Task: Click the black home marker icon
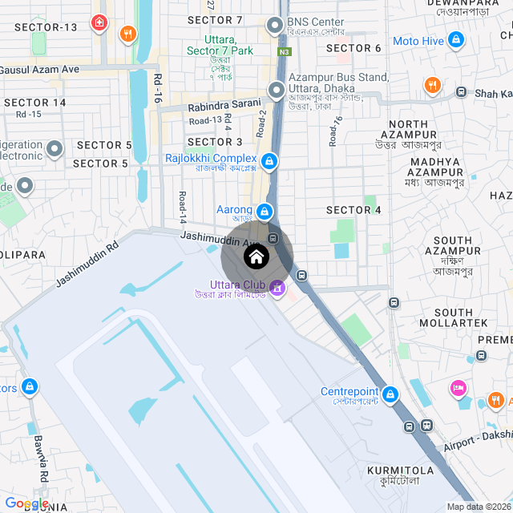[x=256, y=257]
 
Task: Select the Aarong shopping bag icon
[x=265, y=211]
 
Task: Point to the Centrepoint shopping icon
[x=390, y=394]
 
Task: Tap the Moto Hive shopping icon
[x=455, y=39]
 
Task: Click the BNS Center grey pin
[x=276, y=24]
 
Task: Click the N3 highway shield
[x=285, y=51]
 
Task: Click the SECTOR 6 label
[x=354, y=48]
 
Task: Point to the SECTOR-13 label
[x=46, y=27]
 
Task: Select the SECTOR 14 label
[x=35, y=103]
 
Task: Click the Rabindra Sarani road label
[x=224, y=104]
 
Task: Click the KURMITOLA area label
[x=400, y=470]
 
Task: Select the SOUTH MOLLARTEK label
[x=459, y=317]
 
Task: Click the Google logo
[x=26, y=503]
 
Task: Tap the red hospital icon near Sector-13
[x=99, y=22]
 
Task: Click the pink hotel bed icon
[x=458, y=389]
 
